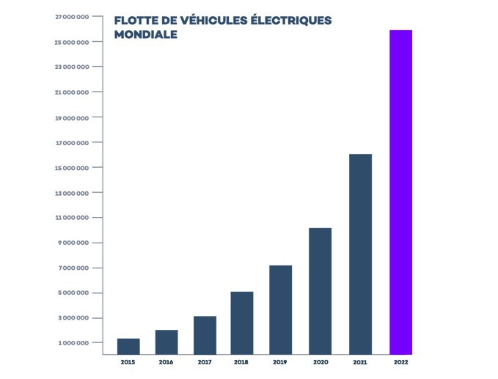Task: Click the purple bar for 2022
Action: click(400, 191)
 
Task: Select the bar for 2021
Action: click(360, 254)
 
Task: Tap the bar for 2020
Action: click(320, 290)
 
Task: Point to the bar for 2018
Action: click(241, 323)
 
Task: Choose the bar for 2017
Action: click(205, 335)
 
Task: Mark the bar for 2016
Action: click(166, 342)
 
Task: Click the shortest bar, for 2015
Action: click(128, 346)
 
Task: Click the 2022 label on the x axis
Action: click(400, 362)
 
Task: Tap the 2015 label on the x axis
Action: click(128, 362)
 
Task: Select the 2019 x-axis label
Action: click(280, 362)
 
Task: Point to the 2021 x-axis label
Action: click(360, 362)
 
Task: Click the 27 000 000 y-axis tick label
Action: click(73, 17)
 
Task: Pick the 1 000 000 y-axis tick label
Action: click(74, 343)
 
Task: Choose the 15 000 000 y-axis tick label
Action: click(73, 168)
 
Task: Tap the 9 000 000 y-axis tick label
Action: click(74, 243)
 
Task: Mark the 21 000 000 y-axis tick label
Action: click(73, 92)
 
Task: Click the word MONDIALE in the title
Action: click(146, 34)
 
